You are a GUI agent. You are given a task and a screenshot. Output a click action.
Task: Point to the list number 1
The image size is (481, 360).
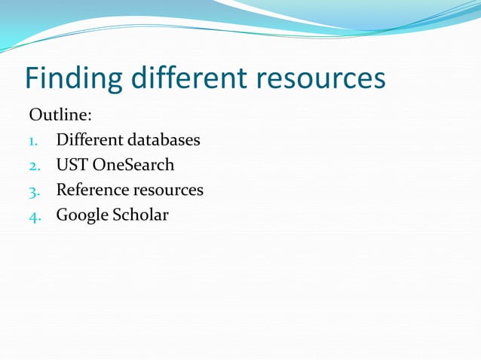33,141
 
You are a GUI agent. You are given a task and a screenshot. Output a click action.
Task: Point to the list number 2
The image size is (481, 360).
34,166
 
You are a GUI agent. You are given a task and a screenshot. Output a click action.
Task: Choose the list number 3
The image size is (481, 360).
34,191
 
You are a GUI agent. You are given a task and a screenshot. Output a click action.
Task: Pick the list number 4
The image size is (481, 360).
34,215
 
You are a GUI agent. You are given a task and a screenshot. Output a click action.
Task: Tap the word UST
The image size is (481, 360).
72,165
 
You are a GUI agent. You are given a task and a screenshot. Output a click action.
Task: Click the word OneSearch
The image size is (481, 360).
133,165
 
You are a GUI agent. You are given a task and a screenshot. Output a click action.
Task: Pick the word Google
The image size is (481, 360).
81,215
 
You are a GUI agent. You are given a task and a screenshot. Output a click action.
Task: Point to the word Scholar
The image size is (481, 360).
140,215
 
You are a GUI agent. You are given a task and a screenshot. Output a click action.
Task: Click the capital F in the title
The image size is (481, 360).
32,79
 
